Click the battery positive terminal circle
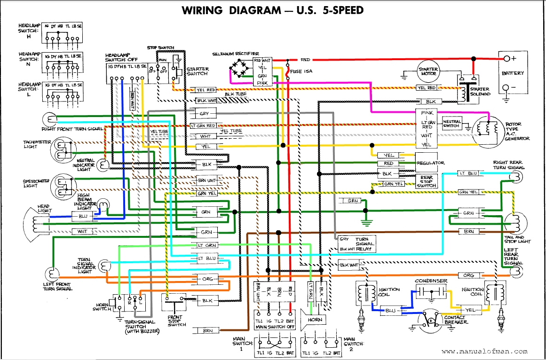506,59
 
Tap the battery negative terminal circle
506,88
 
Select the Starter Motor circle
428,72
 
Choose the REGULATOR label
430,163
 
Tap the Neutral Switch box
451,124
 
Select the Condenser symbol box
430,292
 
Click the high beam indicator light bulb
103,204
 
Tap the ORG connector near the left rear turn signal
468,275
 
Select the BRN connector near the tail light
468,232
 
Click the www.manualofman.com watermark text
484,351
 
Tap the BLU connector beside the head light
83,217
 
